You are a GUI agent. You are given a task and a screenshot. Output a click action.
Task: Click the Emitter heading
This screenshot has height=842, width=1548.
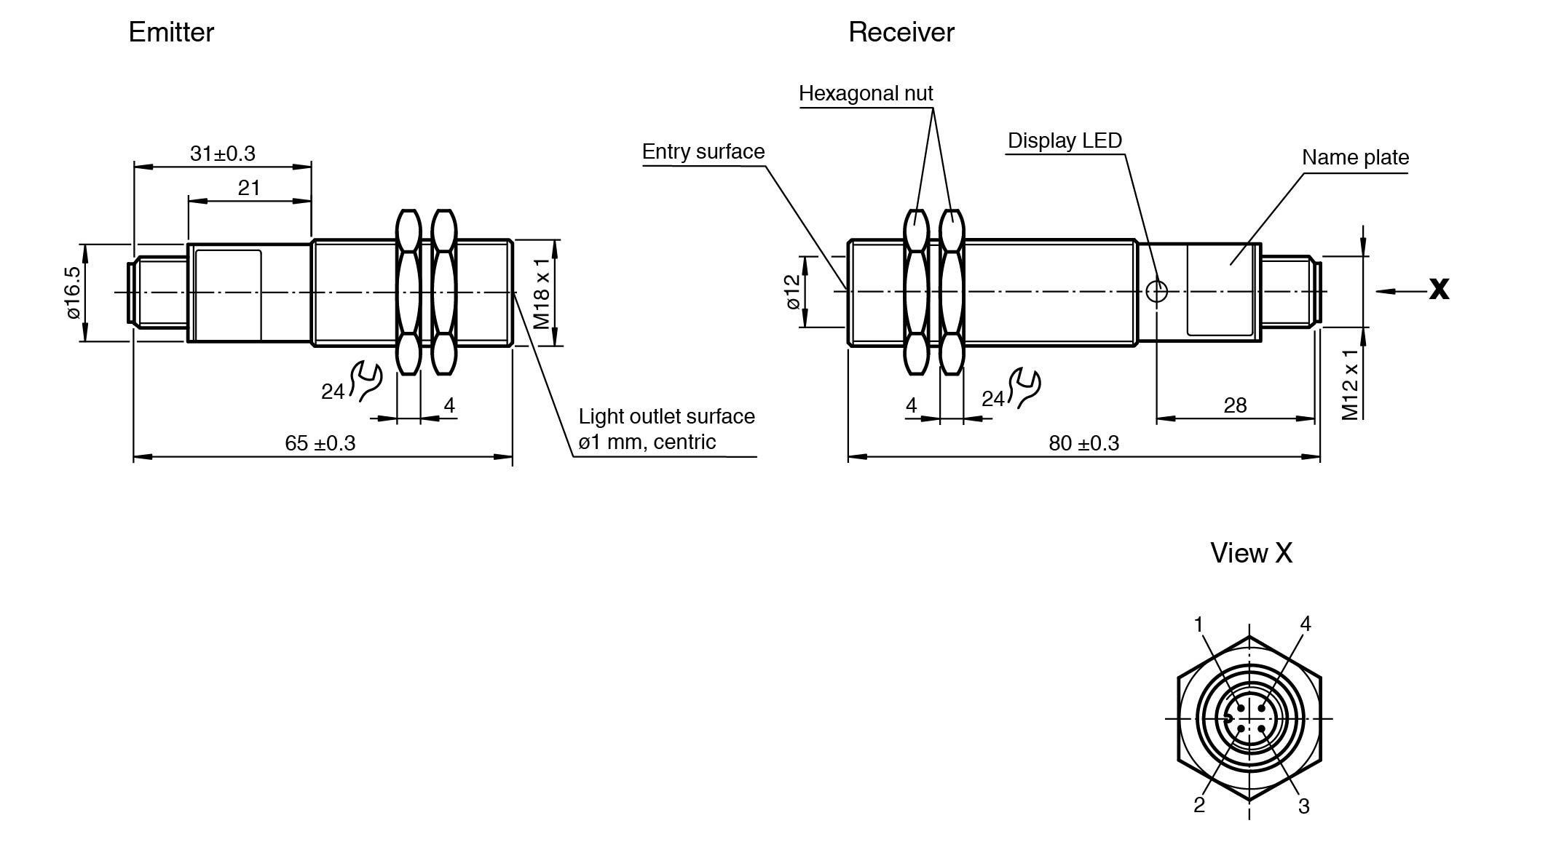pos(171,33)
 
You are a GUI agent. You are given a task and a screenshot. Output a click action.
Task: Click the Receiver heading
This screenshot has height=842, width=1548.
pos(901,33)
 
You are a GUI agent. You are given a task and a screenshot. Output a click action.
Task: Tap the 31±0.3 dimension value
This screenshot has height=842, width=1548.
pos(223,154)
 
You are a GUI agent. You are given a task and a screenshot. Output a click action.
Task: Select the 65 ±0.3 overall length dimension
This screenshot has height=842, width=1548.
pos(320,443)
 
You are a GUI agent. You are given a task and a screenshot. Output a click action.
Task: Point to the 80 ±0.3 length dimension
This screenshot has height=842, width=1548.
pos(1083,443)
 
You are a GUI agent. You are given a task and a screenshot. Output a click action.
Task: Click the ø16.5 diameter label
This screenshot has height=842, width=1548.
pos(73,293)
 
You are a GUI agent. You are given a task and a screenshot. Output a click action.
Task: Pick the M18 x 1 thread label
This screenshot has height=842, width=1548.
pos(541,293)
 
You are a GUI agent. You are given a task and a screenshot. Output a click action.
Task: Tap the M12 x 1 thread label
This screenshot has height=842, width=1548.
pos(1350,384)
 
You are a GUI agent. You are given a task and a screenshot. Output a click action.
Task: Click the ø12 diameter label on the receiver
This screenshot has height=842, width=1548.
pos(793,292)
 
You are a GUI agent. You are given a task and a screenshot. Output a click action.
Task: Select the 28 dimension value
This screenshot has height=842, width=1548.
pos(1235,405)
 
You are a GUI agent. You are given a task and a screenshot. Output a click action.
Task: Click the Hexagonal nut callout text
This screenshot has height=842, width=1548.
pos(866,93)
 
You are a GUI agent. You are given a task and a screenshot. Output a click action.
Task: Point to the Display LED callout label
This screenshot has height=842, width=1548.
pos(1065,140)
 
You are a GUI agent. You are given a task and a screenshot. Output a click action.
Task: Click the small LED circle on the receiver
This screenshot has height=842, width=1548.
pos(1156,292)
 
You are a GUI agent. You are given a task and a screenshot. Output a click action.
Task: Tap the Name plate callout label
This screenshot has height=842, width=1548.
pos(1355,157)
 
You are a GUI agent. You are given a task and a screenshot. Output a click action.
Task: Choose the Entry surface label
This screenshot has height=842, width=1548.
pos(703,151)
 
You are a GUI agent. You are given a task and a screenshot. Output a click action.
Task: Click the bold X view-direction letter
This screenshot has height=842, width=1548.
pos(1439,289)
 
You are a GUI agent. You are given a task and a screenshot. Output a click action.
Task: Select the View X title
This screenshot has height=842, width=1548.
pos(1251,553)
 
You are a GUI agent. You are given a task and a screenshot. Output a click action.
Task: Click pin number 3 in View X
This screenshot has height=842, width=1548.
pos(1303,806)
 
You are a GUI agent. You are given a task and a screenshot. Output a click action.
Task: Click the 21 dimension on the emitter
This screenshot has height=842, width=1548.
pos(249,188)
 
